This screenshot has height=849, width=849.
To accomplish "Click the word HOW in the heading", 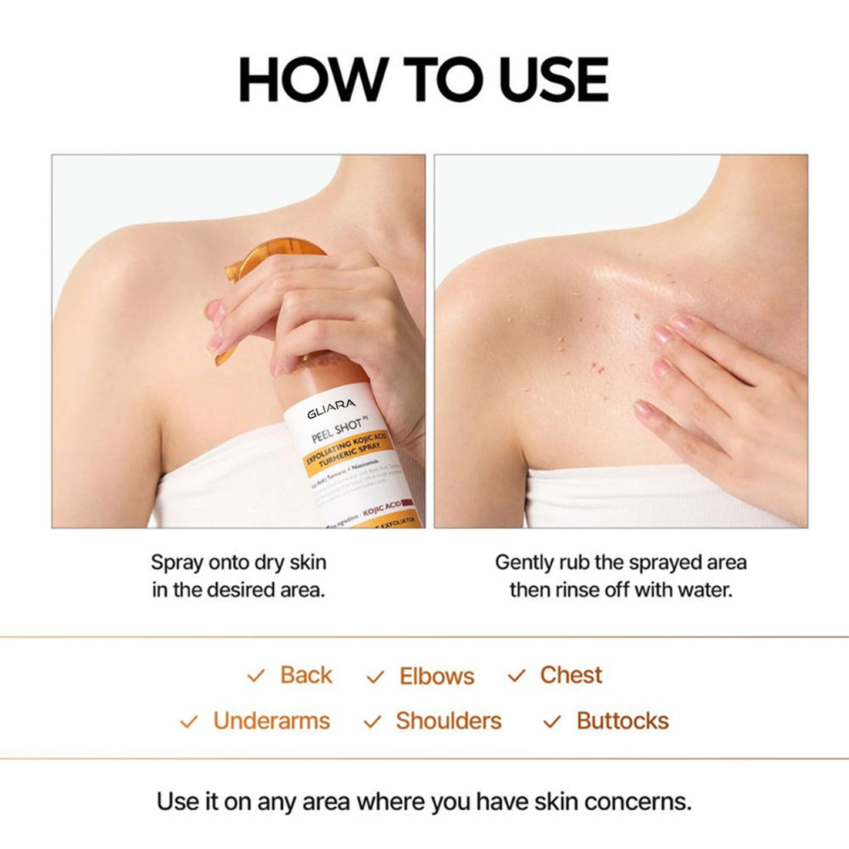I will click(x=311, y=79).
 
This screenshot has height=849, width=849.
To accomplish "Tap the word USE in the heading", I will click(x=553, y=79).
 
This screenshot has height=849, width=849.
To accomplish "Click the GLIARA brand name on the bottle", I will click(x=331, y=408).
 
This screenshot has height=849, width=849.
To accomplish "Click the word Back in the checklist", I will click(x=306, y=675).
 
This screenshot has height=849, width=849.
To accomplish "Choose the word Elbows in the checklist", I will click(x=437, y=676).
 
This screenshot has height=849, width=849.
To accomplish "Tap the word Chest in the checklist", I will click(x=571, y=675).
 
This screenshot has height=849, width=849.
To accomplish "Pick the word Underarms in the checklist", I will click(x=271, y=721).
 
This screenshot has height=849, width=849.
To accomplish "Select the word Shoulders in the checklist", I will click(x=448, y=721).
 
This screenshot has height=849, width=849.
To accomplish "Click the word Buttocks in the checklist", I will click(x=622, y=721).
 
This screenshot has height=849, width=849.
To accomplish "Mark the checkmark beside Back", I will click(x=256, y=676).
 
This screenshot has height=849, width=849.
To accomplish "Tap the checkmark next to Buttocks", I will click(x=552, y=722).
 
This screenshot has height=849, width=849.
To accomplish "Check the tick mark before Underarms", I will click(x=189, y=722).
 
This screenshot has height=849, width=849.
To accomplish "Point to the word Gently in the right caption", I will click(x=524, y=563).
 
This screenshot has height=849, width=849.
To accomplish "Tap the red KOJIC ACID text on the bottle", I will click(x=382, y=508).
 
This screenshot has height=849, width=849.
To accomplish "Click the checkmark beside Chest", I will click(x=516, y=676).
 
